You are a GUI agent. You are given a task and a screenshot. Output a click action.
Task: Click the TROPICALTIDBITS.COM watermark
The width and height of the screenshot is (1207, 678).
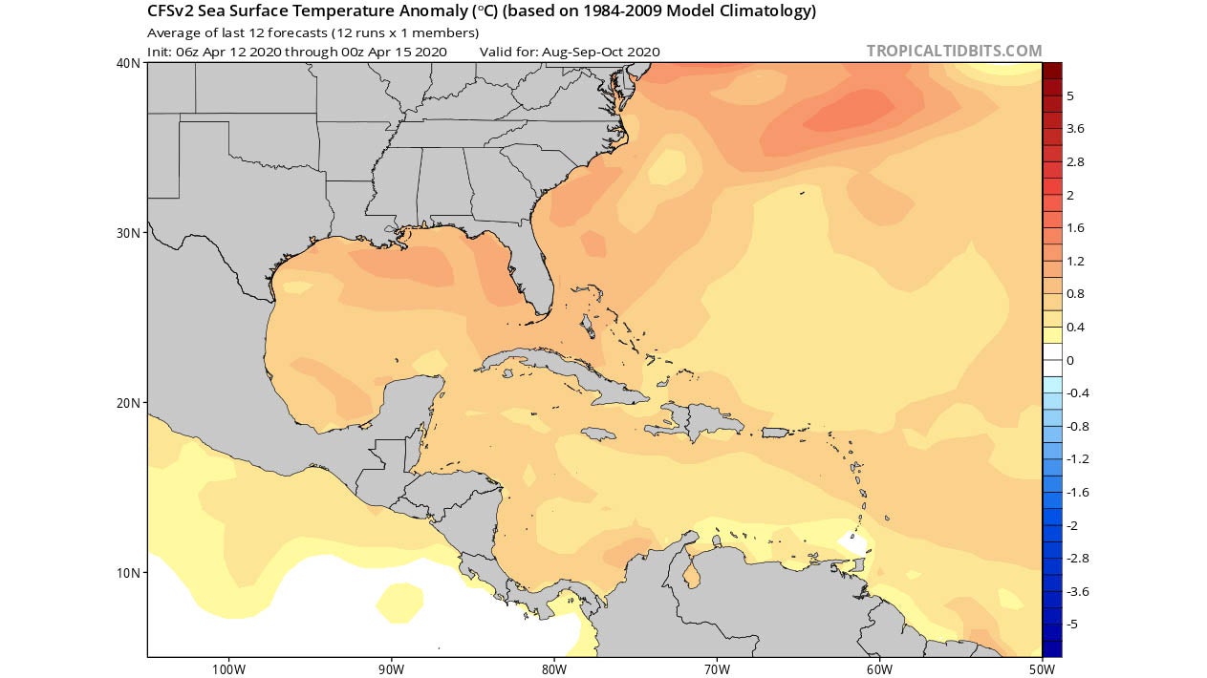[x=954, y=51]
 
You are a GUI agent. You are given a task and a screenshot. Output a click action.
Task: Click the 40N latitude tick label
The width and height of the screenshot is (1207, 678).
[x=129, y=63]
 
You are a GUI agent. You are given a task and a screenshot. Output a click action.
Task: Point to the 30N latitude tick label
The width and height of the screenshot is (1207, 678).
[x=129, y=233]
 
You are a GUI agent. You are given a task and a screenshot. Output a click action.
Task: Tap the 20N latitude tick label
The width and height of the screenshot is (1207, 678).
[x=129, y=403]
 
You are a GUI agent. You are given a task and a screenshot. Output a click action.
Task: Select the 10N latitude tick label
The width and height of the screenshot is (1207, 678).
[x=129, y=573]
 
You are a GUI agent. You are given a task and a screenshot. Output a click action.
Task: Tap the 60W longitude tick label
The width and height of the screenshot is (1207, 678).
[x=879, y=668]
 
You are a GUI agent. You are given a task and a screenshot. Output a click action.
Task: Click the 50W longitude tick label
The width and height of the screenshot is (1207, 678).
[x=1042, y=668]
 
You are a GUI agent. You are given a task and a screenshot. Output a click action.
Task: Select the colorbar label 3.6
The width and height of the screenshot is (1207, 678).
[x=1075, y=129]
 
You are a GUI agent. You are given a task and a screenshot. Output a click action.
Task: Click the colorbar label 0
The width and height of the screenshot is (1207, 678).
[x=1070, y=360]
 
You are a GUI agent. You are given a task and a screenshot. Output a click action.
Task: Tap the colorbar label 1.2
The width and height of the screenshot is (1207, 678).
[x=1075, y=261]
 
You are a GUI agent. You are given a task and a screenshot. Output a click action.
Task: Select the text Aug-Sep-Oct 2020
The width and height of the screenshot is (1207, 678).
[x=600, y=52]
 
